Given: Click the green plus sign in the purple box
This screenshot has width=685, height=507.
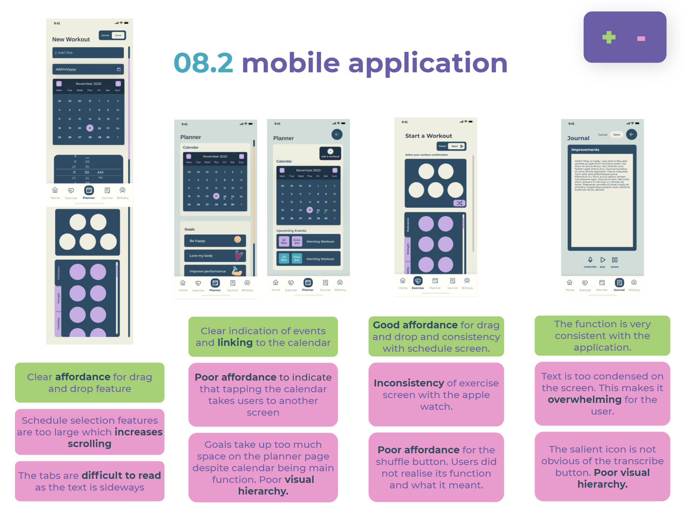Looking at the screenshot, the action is (x=609, y=37).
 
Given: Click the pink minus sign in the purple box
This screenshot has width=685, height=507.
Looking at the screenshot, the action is (x=641, y=38).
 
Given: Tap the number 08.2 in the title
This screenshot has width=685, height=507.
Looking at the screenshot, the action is (x=203, y=63).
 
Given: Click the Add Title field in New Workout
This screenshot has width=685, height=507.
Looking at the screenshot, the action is (x=88, y=53).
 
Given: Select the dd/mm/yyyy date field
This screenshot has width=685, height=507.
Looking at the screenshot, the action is (x=88, y=69).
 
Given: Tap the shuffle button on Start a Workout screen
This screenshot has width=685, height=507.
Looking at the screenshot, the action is (x=459, y=203).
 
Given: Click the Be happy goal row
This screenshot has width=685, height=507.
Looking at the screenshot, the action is (x=215, y=240).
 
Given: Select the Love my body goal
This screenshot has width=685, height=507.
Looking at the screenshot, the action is (x=215, y=255).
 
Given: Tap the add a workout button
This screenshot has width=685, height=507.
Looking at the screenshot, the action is (x=330, y=153).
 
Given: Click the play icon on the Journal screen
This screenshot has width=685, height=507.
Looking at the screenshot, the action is (x=603, y=260).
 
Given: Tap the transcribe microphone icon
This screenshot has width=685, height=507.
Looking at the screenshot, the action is (x=590, y=260).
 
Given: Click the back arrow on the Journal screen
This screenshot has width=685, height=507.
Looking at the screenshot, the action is (x=631, y=134).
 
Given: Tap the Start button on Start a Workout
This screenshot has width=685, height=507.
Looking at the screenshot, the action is (x=457, y=146).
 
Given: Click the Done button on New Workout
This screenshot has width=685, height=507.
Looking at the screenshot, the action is (x=118, y=35).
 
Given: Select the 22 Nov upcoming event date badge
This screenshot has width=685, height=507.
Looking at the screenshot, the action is (x=284, y=241).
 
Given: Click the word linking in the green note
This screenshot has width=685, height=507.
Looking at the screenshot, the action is (x=235, y=343).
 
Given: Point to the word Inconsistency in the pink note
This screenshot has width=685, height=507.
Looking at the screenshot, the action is (x=408, y=383).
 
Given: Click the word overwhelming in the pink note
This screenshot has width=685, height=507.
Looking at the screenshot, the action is (x=584, y=400).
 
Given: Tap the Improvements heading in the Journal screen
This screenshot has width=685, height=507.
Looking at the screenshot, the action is (x=585, y=150).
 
